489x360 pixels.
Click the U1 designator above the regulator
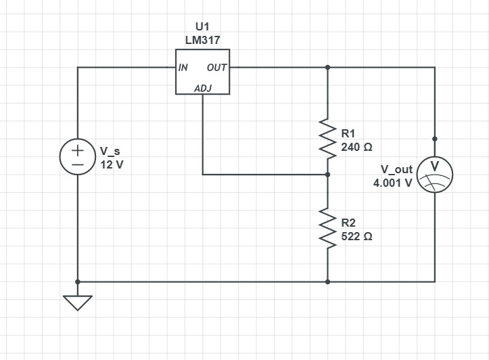tap(202, 26)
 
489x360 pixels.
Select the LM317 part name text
tap(202, 40)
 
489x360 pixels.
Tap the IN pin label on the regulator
tap(183, 68)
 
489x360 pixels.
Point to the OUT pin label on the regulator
tap(216, 68)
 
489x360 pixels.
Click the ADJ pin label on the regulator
tap(202, 88)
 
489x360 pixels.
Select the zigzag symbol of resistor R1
tap(328, 139)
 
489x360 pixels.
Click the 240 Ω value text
tap(356, 147)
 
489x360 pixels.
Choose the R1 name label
tap(348, 133)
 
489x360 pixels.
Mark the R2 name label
tap(348, 223)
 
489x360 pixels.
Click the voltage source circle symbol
tap(78, 157)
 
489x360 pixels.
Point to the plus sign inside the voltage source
tap(78, 150)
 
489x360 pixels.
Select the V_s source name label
tap(110, 151)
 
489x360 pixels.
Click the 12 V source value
tap(112, 164)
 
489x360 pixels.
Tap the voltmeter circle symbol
tap(434, 174)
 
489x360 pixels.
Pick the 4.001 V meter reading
tap(392, 183)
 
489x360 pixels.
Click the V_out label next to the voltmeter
tap(396, 169)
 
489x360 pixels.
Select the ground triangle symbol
tap(78, 302)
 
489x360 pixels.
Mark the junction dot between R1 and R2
tap(328, 175)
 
